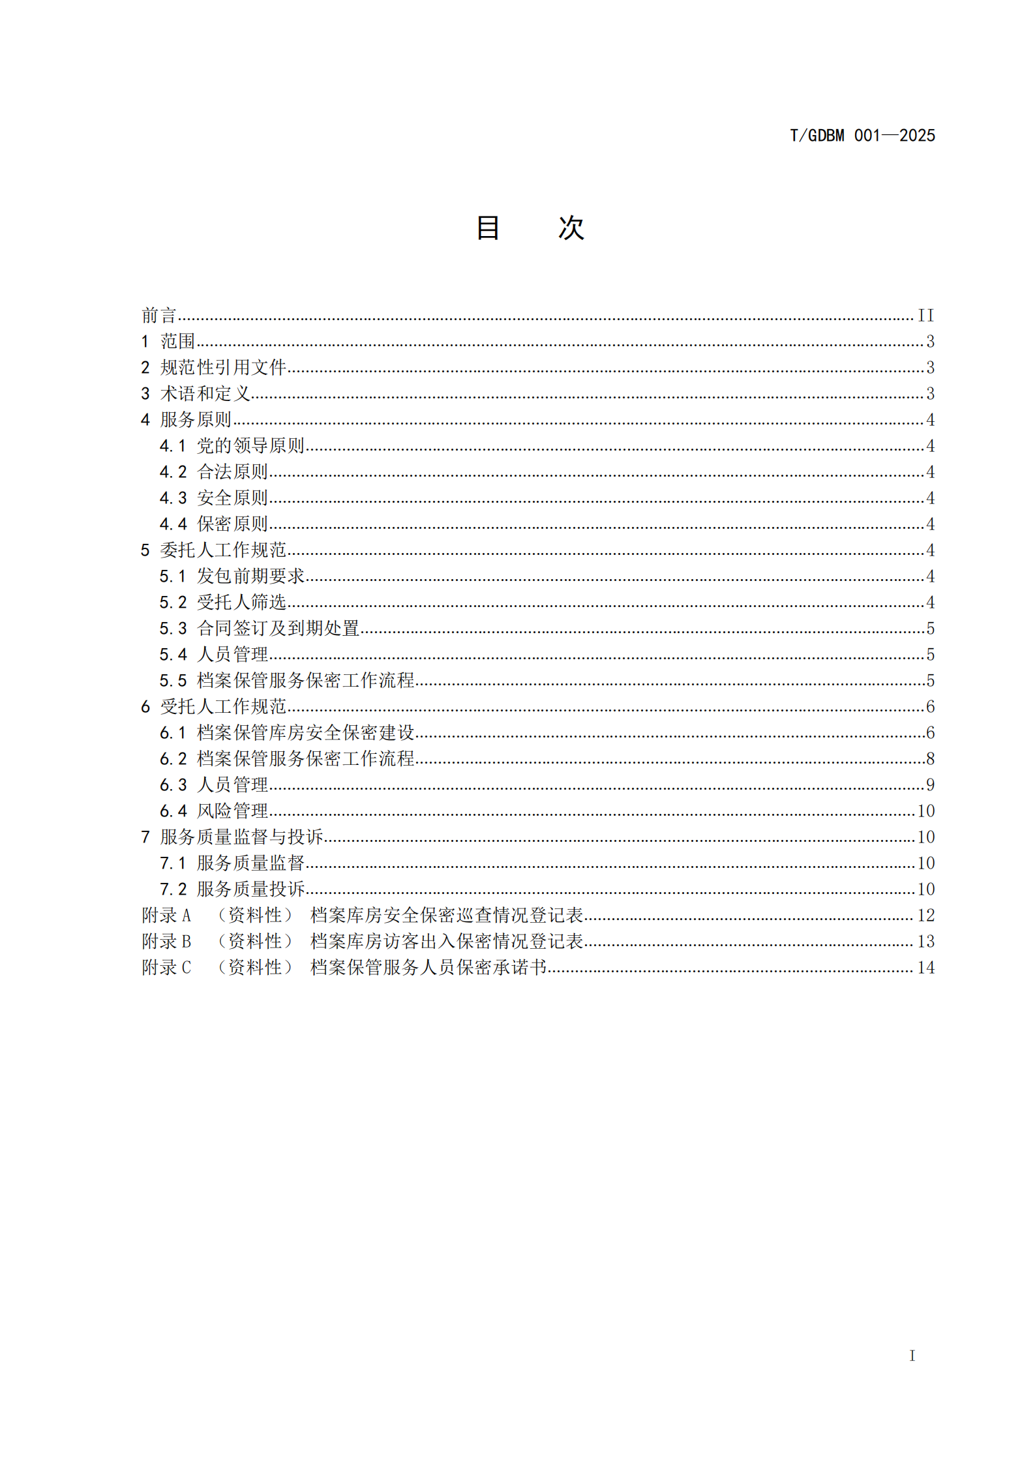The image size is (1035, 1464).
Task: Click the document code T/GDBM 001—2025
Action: coord(862,136)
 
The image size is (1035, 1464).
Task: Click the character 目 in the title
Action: coord(488,228)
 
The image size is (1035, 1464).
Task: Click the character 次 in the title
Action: coord(571,228)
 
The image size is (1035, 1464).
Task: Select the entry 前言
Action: coord(159,316)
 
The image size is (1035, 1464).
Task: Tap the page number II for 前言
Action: coord(925,316)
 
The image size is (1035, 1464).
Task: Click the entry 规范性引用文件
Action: coord(223,368)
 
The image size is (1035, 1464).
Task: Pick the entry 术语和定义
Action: coord(205,394)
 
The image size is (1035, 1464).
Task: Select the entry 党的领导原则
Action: coord(251,446)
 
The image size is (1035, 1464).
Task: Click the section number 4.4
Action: coord(173,524)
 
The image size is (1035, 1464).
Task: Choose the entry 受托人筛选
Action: coord(241,603)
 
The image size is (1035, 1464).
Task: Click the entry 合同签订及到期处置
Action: coord(278,629)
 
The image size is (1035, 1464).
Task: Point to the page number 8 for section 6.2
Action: coord(930,759)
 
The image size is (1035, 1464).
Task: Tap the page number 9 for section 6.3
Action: coord(930,785)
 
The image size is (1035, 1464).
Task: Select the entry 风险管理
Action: coord(233,811)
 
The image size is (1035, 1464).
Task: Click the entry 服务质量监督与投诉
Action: coord(241,837)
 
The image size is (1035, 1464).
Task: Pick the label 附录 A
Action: coord(166,916)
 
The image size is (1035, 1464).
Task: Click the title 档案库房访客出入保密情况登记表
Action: coord(447,942)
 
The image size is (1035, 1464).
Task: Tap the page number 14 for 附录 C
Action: coord(925,968)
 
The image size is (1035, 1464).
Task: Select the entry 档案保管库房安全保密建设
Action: coord(306,733)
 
